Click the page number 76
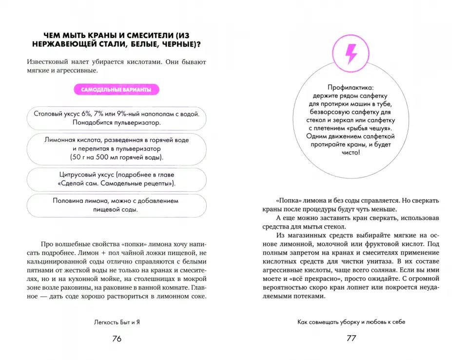click(x=117, y=339)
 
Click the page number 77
click(x=351, y=339)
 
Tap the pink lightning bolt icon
click(x=351, y=54)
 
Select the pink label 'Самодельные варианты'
click(x=116, y=90)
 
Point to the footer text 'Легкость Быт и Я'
click(x=116, y=322)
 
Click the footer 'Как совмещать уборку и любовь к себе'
click(x=351, y=322)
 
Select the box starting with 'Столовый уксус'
click(x=117, y=118)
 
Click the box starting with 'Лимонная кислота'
click(x=117, y=148)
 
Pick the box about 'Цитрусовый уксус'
click(x=117, y=179)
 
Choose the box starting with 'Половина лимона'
click(x=117, y=205)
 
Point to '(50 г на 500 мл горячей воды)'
click(x=117, y=158)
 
